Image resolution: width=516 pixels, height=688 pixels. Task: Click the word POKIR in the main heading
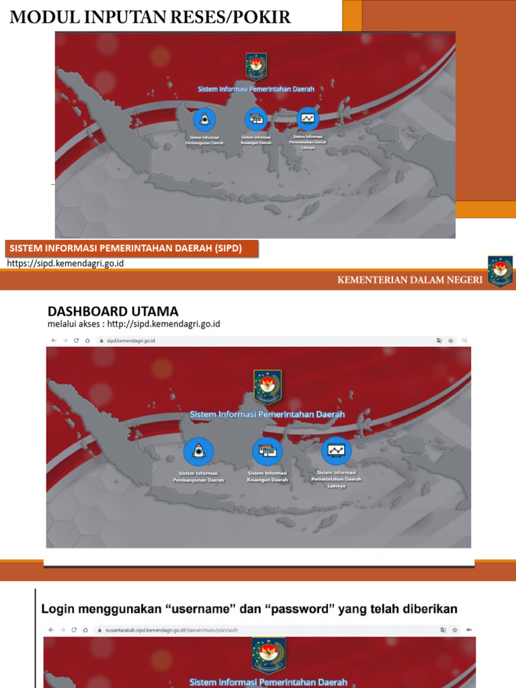263,17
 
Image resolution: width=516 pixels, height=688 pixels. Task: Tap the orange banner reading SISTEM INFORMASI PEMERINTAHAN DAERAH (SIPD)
124,248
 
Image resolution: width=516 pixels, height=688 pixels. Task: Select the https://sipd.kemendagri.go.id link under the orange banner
65,263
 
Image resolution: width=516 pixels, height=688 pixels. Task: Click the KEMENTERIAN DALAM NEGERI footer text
410,280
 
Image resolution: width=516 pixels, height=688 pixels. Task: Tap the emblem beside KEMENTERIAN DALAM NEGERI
501,271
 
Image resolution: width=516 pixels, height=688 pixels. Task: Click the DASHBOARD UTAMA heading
113,311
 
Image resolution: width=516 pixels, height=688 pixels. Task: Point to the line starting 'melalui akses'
134,324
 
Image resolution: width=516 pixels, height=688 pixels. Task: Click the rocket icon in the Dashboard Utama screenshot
198,451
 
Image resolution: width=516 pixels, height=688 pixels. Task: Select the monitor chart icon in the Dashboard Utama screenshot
336,450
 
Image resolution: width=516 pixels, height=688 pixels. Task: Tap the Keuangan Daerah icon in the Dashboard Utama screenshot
267,451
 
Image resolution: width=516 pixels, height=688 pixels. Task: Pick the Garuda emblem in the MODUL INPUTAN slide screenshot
256,67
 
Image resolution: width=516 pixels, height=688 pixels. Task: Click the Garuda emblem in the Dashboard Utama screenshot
267,386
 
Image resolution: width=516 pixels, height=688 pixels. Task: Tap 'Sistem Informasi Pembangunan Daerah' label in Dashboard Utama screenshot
198,476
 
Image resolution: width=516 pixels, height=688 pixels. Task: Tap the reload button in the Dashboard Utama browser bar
76,341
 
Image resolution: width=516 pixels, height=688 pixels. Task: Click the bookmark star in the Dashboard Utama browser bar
451,341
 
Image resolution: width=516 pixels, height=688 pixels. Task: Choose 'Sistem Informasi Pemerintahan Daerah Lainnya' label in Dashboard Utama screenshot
336,479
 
